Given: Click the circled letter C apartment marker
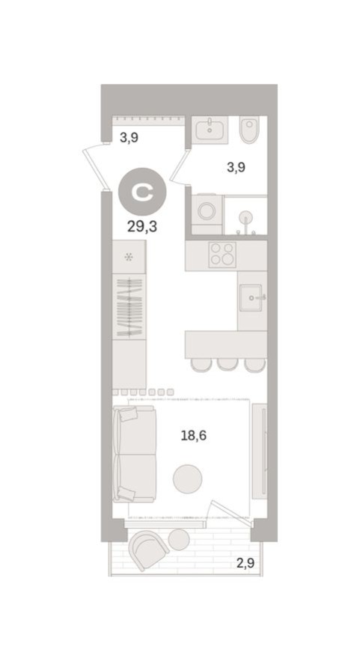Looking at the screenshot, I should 142,192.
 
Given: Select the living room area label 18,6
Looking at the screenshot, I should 194,434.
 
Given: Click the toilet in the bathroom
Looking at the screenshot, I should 249,132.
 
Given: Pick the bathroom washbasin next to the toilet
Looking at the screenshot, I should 210,131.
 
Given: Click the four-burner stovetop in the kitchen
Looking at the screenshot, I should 222,255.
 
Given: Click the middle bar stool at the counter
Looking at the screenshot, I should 228,365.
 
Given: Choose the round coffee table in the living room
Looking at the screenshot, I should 187,479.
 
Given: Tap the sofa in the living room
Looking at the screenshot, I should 135,454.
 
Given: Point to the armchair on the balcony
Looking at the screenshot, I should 148,548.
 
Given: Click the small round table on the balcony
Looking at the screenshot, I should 179,539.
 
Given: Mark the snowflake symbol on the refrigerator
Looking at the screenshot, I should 129,257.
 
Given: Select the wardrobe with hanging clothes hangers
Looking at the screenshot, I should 129,306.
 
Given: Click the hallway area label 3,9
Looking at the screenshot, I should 129,138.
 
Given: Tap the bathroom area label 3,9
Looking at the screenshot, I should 236,168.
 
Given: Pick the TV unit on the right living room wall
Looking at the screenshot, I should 259,451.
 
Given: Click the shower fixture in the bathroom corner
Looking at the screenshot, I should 245,218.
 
